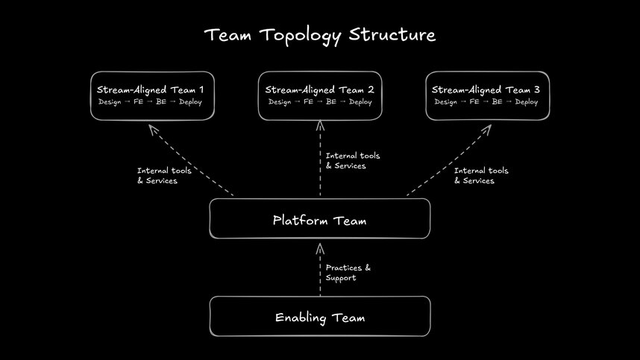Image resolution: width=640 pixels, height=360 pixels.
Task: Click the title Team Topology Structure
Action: (x=320, y=35)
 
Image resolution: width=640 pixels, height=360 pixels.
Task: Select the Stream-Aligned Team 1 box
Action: (x=152, y=95)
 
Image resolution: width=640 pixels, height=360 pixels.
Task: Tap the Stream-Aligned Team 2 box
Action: (x=320, y=95)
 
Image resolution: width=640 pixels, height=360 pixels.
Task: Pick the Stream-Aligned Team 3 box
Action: (x=487, y=95)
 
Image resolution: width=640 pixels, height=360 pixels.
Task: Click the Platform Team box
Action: (x=320, y=220)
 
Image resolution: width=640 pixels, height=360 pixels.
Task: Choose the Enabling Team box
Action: (x=320, y=318)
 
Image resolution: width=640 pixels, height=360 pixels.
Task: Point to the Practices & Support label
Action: (x=348, y=273)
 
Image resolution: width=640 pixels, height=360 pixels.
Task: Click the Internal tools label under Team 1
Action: (x=163, y=176)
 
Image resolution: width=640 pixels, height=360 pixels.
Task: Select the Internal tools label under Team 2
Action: (x=352, y=161)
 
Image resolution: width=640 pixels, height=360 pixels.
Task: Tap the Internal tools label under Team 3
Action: (x=481, y=176)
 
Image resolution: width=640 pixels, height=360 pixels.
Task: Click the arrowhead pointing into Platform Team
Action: (x=320, y=247)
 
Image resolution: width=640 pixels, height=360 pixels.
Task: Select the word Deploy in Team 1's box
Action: (x=192, y=102)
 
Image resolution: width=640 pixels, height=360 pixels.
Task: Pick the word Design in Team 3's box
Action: (x=446, y=102)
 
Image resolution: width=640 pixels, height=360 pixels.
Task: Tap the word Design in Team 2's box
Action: (x=280, y=102)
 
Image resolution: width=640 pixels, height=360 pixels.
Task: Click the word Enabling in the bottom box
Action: (x=301, y=318)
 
